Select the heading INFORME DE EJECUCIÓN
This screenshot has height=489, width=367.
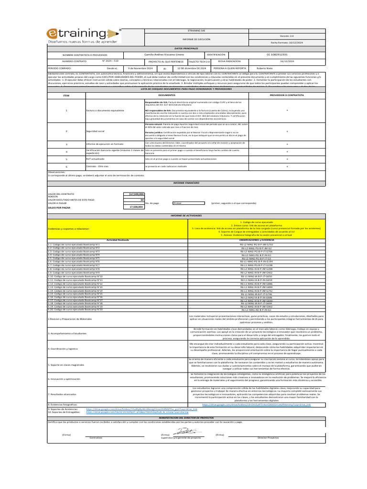click(196, 39)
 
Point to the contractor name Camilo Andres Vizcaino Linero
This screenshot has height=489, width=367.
click(164, 55)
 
